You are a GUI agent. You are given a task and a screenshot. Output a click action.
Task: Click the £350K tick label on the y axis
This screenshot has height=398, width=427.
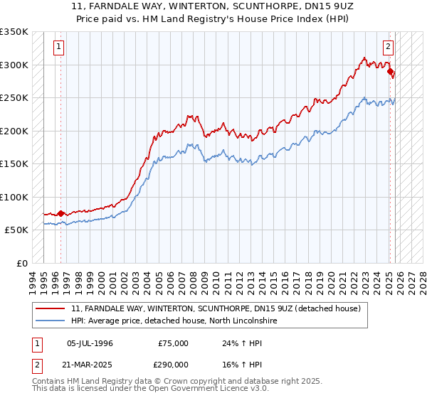pos(14,32)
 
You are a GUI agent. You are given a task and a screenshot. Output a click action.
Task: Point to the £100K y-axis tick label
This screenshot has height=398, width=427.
pos(14,197)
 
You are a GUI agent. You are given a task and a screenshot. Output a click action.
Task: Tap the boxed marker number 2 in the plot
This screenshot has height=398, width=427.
pos(388,48)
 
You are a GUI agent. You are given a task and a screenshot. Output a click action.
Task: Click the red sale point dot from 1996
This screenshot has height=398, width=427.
pos(60,213)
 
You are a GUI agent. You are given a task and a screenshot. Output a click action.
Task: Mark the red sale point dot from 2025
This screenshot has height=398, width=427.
pos(390,72)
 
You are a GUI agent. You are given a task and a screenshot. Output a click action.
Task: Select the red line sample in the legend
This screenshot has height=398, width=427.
pos(51,308)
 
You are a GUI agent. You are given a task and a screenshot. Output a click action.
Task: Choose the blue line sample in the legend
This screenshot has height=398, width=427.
pos(51,321)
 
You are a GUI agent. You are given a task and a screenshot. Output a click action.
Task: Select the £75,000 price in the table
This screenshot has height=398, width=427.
pos(173,343)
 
